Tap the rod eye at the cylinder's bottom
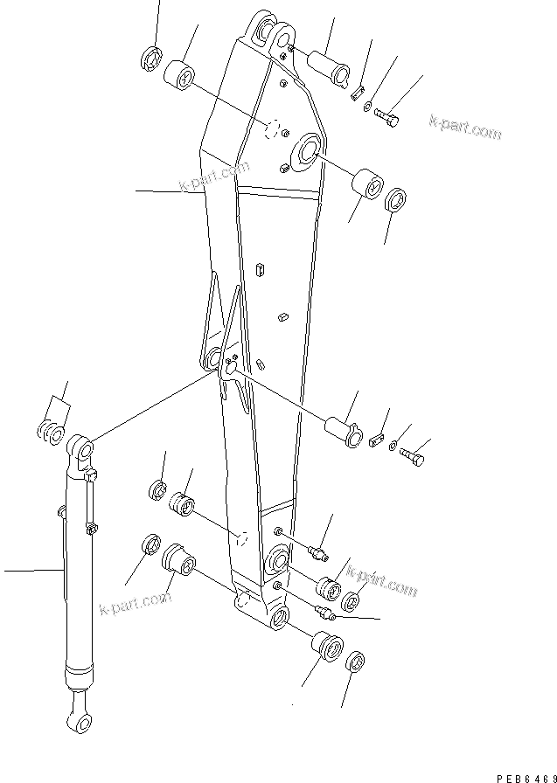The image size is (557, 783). pos(76,721)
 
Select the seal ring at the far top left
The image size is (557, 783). pos(150,61)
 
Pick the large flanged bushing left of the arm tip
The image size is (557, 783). pos(178,558)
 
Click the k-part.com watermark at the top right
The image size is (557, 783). pos(465,128)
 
